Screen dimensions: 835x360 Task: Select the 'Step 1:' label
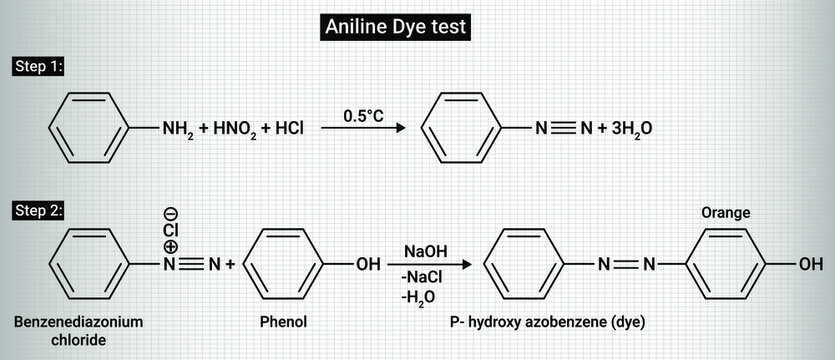[x=37, y=67]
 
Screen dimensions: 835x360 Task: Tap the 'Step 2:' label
[x=37, y=210]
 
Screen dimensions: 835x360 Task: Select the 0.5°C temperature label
[x=364, y=116]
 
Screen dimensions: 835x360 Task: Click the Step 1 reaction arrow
[x=364, y=129]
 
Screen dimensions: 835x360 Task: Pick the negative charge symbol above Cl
[x=171, y=212]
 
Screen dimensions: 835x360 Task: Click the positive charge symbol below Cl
[x=171, y=247]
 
